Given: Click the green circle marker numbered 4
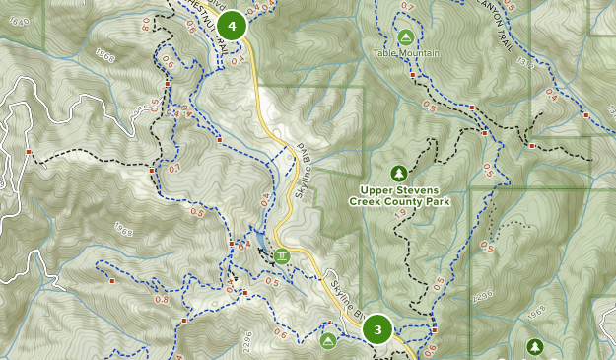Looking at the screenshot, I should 232,26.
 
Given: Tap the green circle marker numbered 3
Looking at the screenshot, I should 377,329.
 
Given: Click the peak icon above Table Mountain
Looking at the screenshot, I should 404,36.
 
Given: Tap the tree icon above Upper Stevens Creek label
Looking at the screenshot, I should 398,172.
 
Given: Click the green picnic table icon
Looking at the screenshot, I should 283,256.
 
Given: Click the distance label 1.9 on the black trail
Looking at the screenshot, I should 401,210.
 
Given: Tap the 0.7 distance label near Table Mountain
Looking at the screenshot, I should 409,8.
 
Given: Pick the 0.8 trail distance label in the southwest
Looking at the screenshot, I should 162,300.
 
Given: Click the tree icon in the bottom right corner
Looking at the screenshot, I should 534,346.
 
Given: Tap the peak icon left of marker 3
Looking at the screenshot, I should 328,341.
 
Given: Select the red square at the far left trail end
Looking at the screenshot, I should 30,152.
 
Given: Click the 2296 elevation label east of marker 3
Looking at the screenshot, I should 483,295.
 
